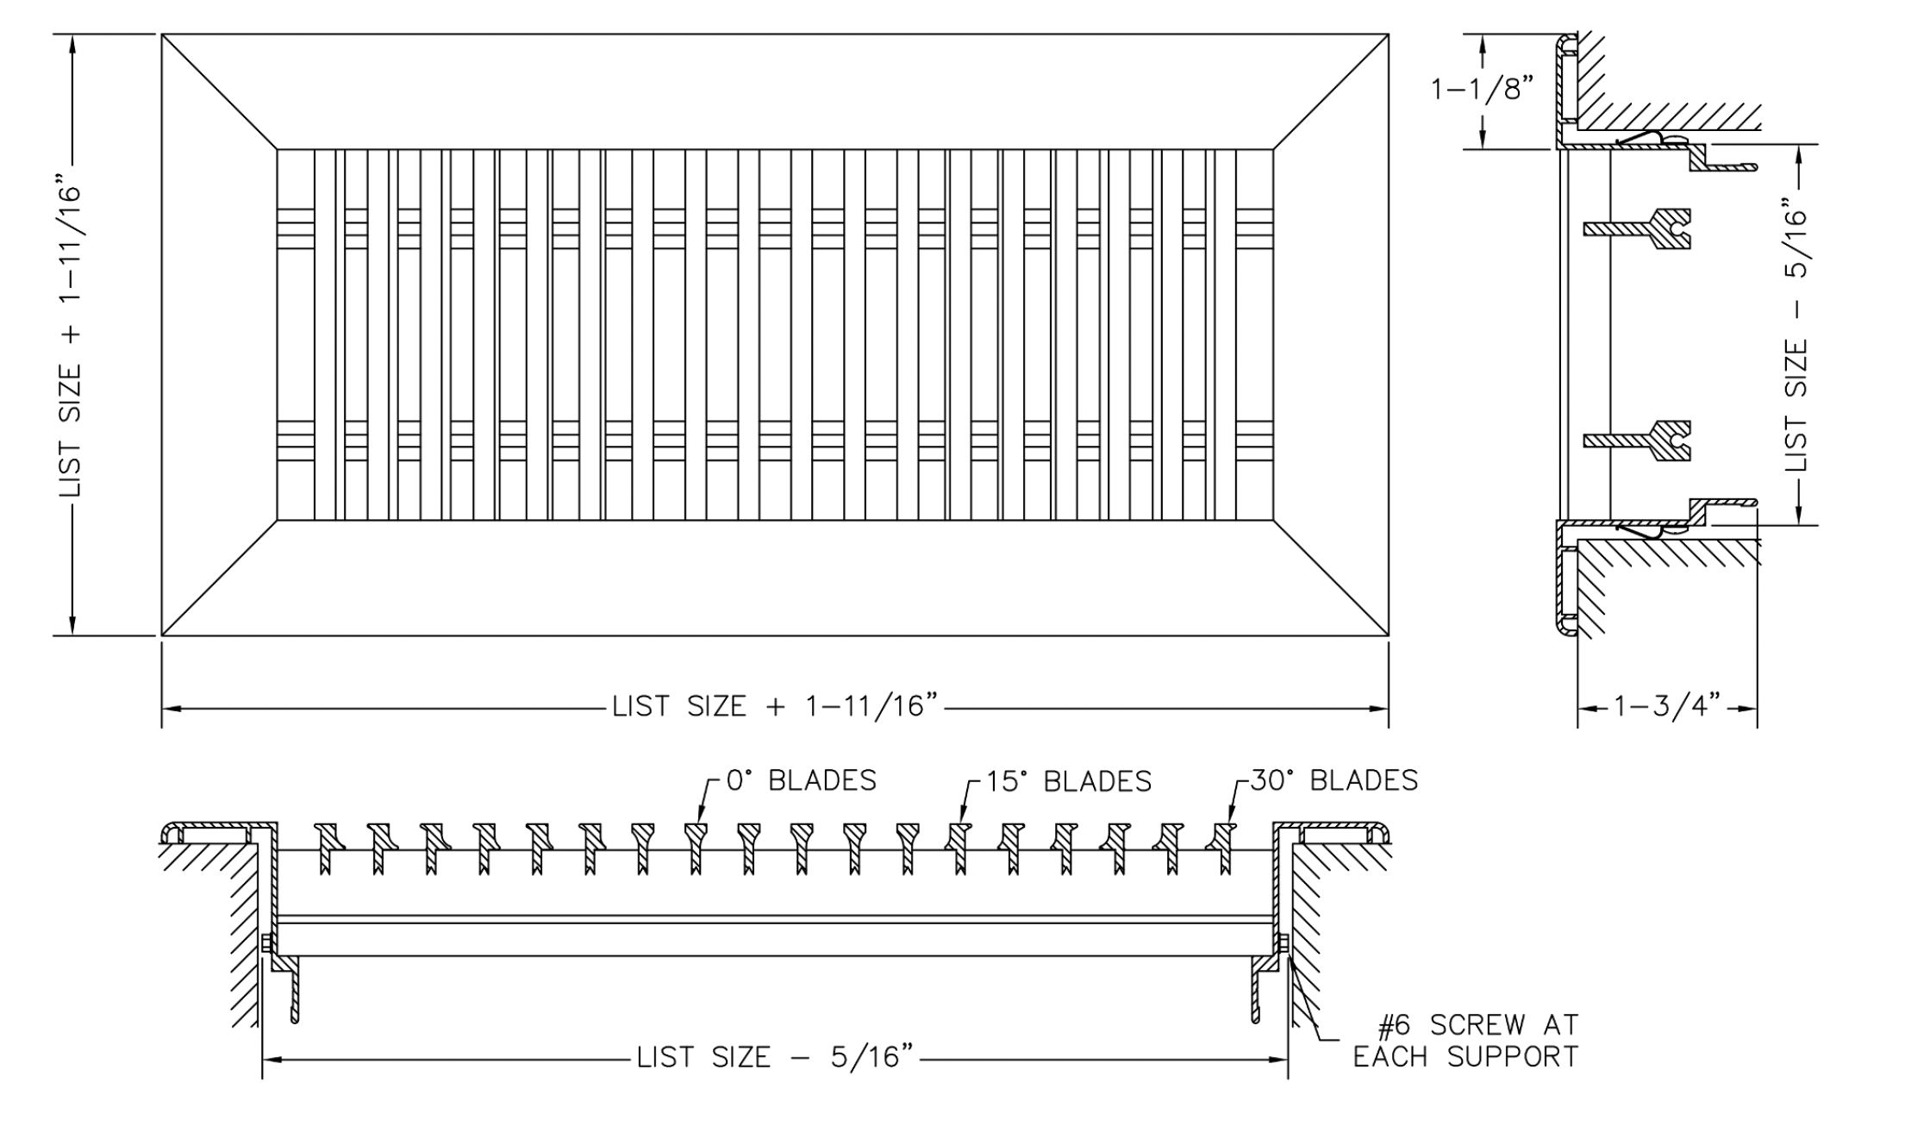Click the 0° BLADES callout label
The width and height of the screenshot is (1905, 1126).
point(801,780)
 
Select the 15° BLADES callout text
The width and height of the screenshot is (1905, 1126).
point(1068,781)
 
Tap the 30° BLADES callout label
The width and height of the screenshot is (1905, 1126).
point(1333,780)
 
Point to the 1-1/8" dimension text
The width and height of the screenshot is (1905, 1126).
point(1483,89)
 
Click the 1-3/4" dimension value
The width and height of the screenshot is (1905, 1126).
point(1666,708)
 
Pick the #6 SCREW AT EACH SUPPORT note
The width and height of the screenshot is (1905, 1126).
point(1465,1041)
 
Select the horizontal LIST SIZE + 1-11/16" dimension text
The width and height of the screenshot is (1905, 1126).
point(774,707)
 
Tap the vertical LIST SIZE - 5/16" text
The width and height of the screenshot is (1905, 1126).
point(1797,336)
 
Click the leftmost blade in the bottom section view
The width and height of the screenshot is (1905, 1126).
point(327,848)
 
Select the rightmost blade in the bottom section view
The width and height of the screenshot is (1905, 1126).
point(1223,848)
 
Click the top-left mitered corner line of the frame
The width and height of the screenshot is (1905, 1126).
point(220,91)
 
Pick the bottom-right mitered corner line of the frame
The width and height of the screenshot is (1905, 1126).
point(1331,578)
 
